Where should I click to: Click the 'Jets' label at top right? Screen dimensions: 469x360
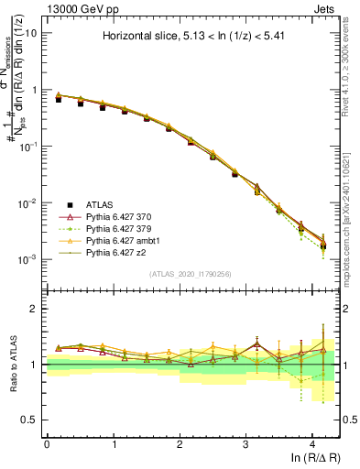tap(325, 7)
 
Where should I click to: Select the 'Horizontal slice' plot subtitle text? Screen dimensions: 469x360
tap(192, 38)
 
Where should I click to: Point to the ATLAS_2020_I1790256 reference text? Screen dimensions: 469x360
tap(193, 274)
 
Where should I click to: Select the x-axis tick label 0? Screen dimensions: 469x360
tap(47, 443)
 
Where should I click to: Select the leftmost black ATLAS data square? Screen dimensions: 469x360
tap(58, 99)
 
